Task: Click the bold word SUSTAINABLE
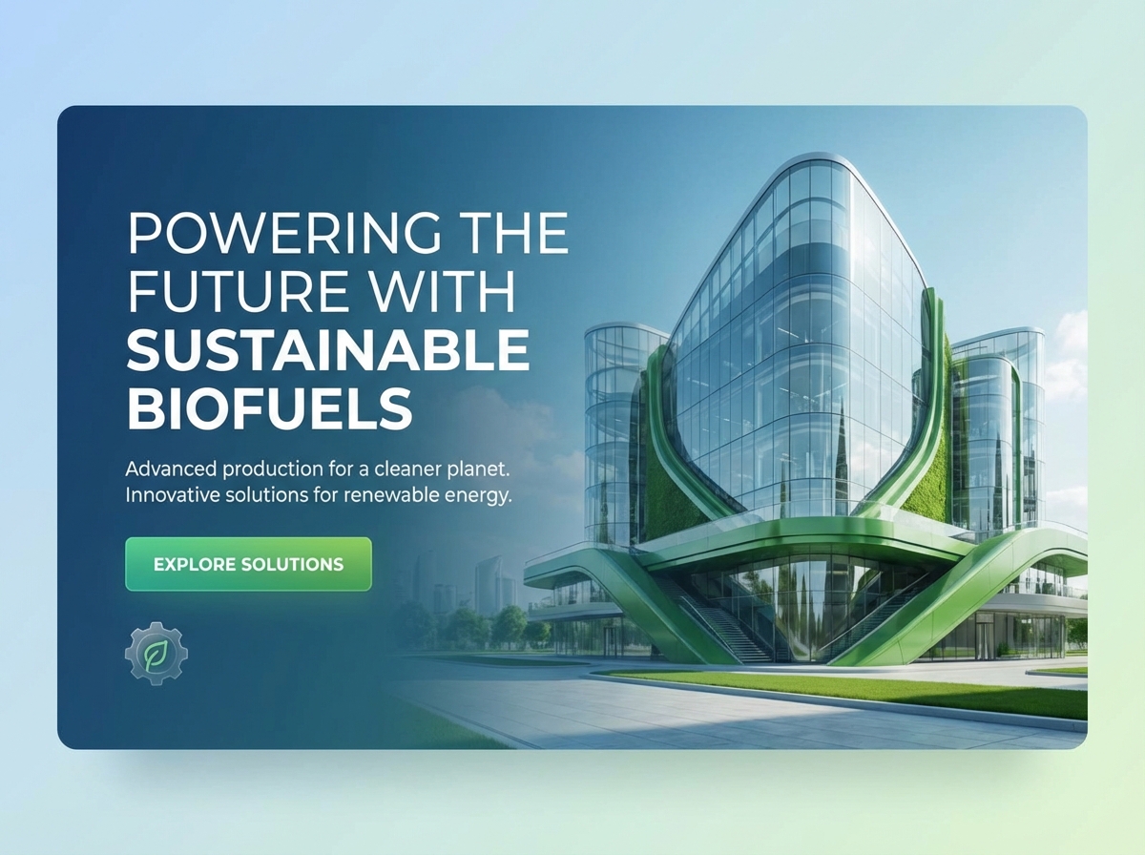[327, 350]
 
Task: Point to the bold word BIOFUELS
[269, 408]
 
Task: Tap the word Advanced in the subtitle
[172, 470]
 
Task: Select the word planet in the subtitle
[484, 470]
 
